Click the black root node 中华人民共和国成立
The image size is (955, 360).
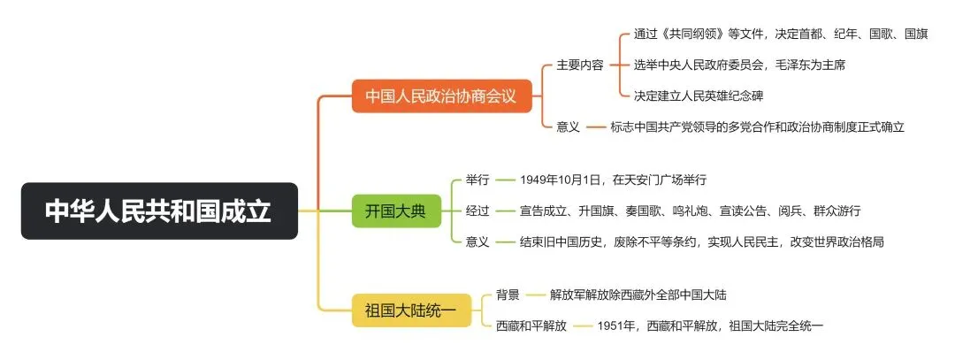tap(159, 211)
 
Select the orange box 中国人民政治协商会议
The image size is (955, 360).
tap(440, 94)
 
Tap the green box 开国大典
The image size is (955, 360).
tap(395, 211)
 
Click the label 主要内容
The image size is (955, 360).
tap(580, 65)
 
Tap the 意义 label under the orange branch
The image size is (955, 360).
tap(568, 126)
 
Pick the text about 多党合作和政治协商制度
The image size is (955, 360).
tap(757, 126)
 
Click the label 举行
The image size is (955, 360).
tap(477, 180)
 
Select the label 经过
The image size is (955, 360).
tap(477, 211)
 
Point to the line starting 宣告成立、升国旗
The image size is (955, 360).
tap(690, 211)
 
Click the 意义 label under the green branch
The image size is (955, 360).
tap(477, 241)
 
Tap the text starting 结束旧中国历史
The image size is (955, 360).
tap(701, 241)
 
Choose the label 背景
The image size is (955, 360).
tap(508, 295)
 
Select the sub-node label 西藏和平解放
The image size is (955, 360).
tap(531, 326)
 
